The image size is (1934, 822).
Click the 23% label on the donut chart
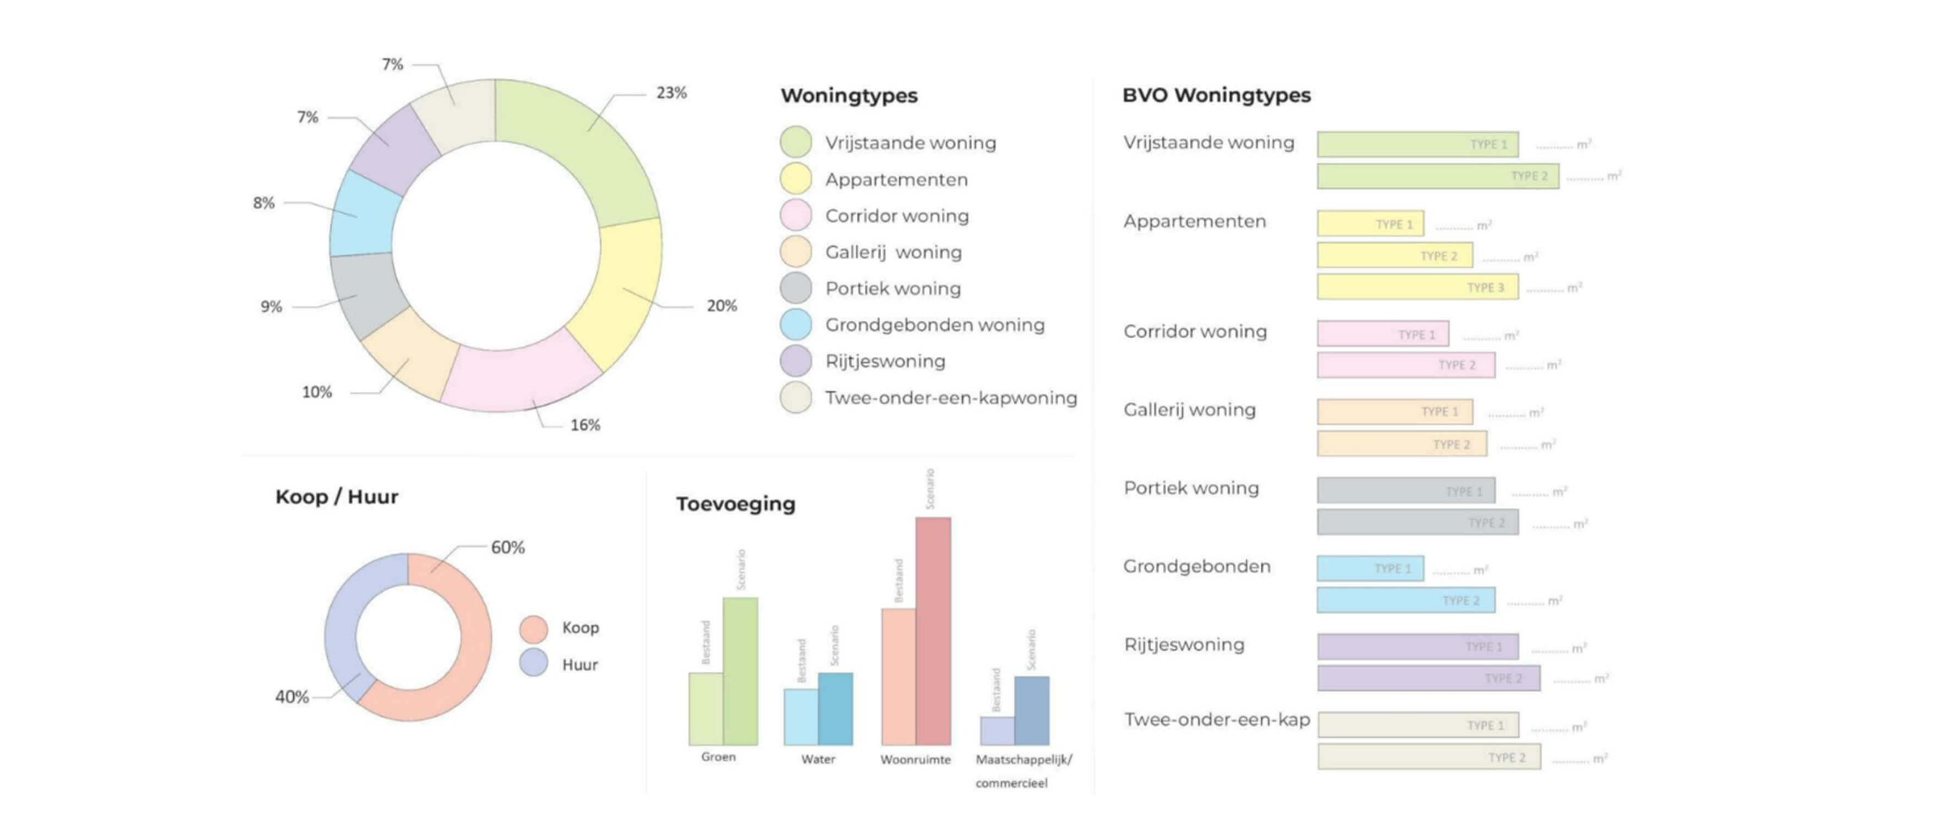point(671,93)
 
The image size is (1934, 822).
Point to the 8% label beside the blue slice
point(263,203)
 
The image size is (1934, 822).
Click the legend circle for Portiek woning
point(796,288)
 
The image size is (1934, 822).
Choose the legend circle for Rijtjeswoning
point(796,361)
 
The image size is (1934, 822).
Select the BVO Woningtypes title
point(1216,95)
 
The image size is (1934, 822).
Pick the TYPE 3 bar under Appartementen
point(1417,288)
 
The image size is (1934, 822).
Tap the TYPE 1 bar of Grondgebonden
point(1370,569)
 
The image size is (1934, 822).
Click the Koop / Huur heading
point(336,497)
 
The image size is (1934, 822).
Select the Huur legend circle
point(534,663)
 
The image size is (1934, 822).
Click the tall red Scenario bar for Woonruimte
point(933,631)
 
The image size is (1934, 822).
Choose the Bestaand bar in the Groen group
point(706,709)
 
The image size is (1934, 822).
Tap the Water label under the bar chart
point(817,759)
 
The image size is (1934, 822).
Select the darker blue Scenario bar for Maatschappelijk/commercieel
point(1031,710)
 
